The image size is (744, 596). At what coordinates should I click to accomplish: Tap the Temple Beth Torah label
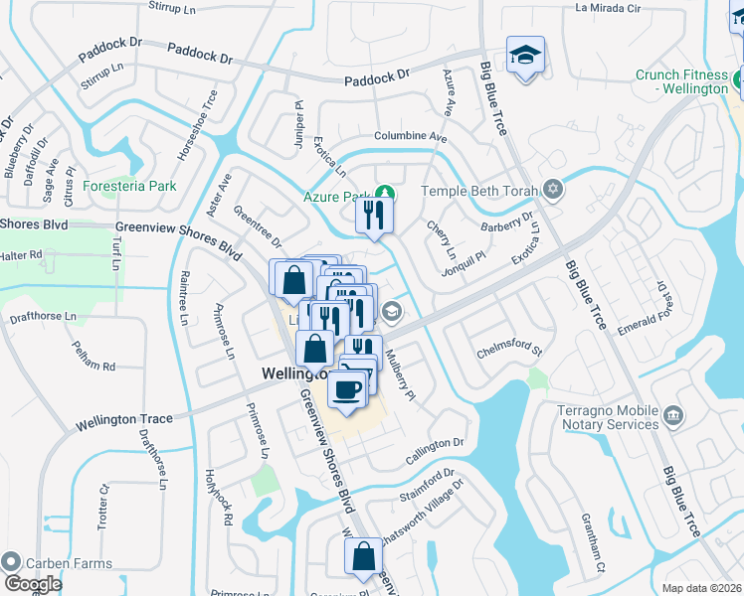(x=477, y=190)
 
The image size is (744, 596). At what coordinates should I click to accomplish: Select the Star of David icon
(x=553, y=189)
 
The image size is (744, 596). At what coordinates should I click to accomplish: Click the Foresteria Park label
(x=129, y=186)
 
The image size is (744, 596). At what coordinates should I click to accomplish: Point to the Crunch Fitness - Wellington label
(x=682, y=81)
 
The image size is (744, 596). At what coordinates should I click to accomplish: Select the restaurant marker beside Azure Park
(x=374, y=216)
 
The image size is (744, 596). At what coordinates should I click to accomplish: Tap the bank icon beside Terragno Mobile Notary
(x=673, y=413)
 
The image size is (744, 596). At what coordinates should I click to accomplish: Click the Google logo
(x=33, y=584)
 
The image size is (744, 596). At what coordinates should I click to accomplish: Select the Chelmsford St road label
(x=508, y=349)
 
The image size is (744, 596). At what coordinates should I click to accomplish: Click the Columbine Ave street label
(x=411, y=136)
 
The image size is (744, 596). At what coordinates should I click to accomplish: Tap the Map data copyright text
(x=702, y=588)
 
